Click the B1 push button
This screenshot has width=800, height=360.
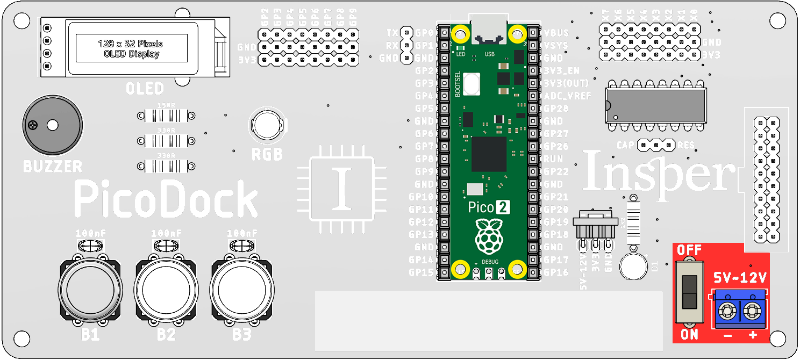90,290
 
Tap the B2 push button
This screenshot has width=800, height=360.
166,290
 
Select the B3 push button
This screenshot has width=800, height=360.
242,290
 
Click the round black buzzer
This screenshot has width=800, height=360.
52,125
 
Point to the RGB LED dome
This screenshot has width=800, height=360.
267,125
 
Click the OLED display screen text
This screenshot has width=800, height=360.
131,48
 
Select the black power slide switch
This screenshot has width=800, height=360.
689,292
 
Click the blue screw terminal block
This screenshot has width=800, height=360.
739,310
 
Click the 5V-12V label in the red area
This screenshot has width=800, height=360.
740,278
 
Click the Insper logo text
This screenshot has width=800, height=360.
659,172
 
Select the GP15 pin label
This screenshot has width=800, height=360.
421,272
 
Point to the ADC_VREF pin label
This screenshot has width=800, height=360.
567,96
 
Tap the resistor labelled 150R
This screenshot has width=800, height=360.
165,116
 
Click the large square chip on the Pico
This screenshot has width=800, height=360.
489,154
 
